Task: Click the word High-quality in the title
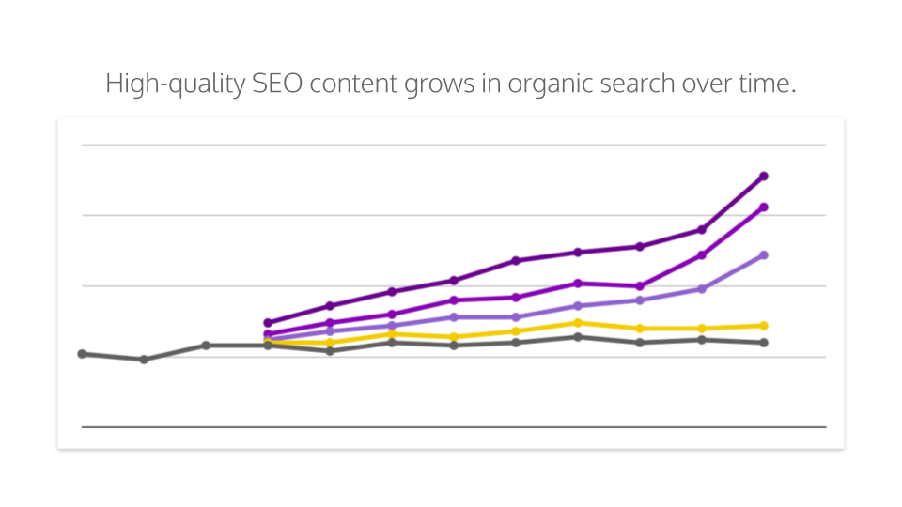pyautogui.click(x=176, y=84)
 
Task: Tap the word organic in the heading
pyautogui.click(x=552, y=84)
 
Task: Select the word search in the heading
pyautogui.click(x=639, y=84)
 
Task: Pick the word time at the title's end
pyautogui.click(x=768, y=84)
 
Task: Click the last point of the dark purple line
pyautogui.click(x=764, y=176)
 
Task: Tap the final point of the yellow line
pyautogui.click(x=764, y=326)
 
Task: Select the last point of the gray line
pyautogui.click(x=764, y=343)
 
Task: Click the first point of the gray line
pyautogui.click(x=82, y=354)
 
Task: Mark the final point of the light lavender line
pyautogui.click(x=764, y=255)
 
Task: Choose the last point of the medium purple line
pyautogui.click(x=764, y=207)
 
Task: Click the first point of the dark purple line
pyautogui.click(x=268, y=323)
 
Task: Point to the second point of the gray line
pyautogui.click(x=144, y=360)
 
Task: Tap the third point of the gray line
pyautogui.click(x=206, y=346)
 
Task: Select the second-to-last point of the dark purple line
pyautogui.click(x=702, y=229)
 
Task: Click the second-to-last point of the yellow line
pyautogui.click(x=702, y=329)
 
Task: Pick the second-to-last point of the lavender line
pyautogui.click(x=702, y=289)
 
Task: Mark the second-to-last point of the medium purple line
pyautogui.click(x=702, y=255)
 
